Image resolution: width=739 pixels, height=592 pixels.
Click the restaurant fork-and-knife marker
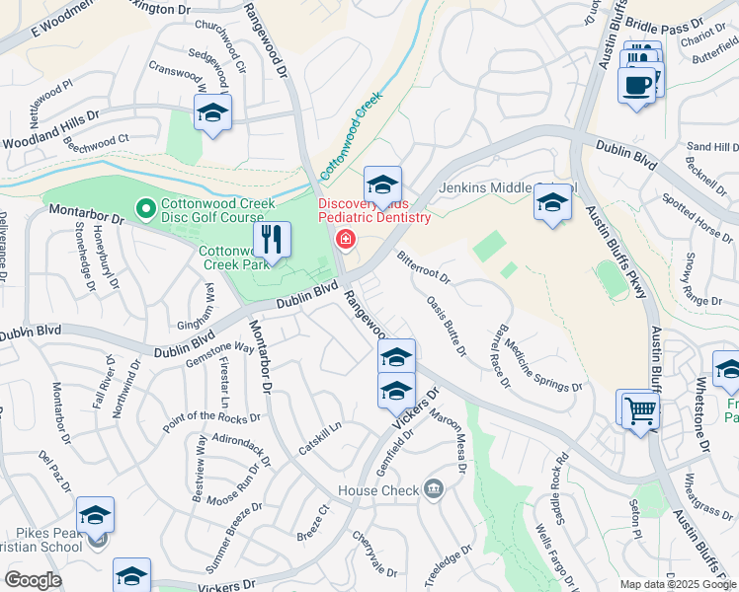[x=271, y=239]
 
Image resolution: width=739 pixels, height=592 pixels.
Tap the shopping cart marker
[x=639, y=408]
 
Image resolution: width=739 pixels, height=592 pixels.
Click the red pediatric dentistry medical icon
[x=345, y=238]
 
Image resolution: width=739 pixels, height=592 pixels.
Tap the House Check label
[x=378, y=489]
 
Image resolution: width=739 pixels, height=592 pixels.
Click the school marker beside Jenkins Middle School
[x=552, y=204]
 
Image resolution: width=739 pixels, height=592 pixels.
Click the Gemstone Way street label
[x=218, y=354]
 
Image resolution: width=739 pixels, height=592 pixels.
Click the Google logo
[x=33, y=580]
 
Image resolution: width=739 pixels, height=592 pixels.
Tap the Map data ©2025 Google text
[x=678, y=584]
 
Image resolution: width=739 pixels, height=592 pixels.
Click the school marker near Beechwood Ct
[x=212, y=114]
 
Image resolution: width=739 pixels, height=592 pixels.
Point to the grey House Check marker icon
[x=433, y=489]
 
